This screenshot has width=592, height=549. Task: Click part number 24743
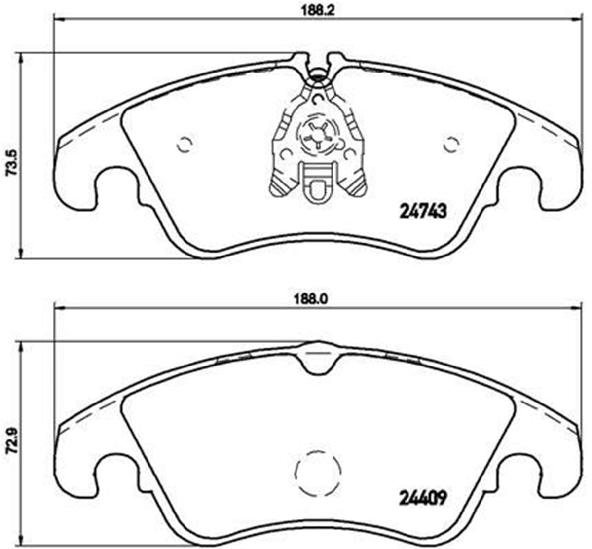[422, 212]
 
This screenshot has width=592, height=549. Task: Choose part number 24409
[422, 499]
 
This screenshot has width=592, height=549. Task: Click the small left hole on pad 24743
[185, 145]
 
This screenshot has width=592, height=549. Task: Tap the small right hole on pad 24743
[451, 145]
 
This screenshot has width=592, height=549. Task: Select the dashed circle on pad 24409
[318, 474]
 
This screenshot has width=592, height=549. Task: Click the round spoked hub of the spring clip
[318, 134]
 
